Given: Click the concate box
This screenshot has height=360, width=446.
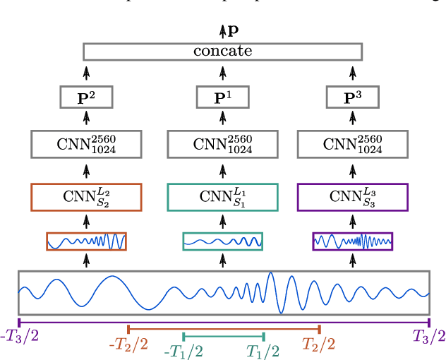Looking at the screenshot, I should [222, 52].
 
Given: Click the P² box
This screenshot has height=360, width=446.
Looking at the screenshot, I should [86, 97].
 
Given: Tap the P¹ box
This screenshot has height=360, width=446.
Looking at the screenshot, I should [222, 97].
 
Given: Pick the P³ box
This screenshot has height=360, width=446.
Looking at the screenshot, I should [352, 97].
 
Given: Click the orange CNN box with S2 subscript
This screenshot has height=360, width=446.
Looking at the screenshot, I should [86, 197].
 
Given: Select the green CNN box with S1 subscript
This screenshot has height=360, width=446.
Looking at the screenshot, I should [222, 197].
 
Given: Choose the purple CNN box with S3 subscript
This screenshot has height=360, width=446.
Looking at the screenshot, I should [352, 197].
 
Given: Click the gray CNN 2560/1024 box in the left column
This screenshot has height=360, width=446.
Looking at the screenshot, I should [86, 144].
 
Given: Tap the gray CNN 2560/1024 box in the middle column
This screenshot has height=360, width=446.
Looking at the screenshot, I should [222, 144].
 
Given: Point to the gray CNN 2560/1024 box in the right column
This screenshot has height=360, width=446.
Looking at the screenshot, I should [352, 144].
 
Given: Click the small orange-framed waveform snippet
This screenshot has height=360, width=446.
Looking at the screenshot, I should [86, 241].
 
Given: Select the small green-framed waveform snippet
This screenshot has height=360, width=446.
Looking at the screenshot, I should [222, 241].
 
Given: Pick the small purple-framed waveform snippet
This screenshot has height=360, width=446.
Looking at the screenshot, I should [352, 241].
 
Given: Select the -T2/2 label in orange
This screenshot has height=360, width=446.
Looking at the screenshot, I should [128, 344].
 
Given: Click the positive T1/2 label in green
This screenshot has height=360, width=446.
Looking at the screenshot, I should [263, 351].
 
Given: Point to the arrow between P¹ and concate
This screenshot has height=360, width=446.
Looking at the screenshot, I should [222, 73].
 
